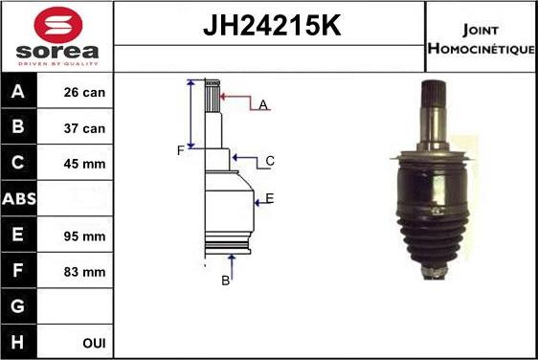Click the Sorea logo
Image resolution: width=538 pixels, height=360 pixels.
[x=57, y=36]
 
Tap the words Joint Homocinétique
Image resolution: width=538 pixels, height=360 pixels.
[x=482, y=36]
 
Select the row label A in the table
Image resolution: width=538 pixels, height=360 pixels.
[x=19, y=93]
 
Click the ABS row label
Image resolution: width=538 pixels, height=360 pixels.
[x=19, y=199]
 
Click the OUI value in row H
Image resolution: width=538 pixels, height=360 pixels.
[x=94, y=342]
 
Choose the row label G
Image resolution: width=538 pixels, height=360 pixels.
[x=19, y=306]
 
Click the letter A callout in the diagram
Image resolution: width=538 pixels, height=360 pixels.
[x=262, y=104]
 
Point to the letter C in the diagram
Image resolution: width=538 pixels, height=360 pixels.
[x=270, y=161]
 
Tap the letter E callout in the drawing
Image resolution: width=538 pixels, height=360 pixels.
[x=270, y=198]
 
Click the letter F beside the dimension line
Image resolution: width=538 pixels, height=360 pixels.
[x=179, y=150]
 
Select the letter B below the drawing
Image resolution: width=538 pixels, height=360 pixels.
[x=226, y=280]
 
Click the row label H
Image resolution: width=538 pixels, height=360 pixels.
[x=19, y=342]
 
